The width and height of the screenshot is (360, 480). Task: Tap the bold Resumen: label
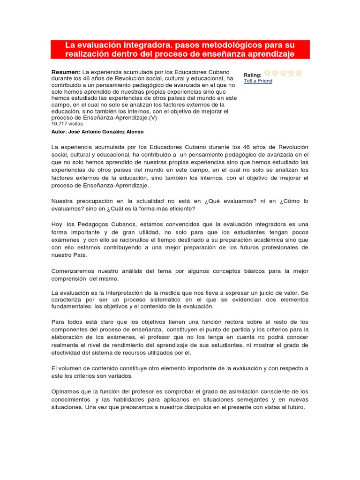coord(66,72)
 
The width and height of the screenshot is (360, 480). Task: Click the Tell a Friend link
coord(258,81)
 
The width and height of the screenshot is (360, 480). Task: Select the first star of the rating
coord(267,73)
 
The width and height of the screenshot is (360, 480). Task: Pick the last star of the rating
coord(299,73)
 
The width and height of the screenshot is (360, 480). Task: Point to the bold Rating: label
coord(253,75)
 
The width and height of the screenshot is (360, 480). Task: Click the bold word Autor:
coord(60,132)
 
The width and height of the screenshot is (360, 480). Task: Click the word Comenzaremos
coord(74,271)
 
